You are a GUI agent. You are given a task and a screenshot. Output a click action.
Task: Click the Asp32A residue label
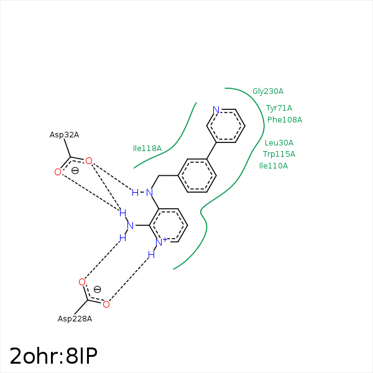click(x=64, y=135)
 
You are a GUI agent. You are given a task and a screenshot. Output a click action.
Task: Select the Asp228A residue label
click(x=75, y=319)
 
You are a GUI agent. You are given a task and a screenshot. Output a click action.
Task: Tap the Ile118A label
click(x=147, y=149)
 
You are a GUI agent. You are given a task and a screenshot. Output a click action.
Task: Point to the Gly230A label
click(x=268, y=91)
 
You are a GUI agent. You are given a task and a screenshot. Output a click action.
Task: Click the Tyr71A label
click(x=279, y=108)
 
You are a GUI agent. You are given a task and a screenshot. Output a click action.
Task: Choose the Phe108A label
click(x=285, y=120)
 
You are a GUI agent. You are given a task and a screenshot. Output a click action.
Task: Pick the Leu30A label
click(x=279, y=143)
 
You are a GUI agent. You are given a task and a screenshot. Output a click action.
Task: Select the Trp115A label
click(x=279, y=154)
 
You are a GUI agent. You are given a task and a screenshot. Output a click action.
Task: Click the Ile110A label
click(x=274, y=166)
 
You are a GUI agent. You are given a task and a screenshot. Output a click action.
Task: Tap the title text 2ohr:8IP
click(x=53, y=356)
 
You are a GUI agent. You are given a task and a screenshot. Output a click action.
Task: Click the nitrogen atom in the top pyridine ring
click(x=216, y=110)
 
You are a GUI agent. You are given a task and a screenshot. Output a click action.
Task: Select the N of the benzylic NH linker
click(x=149, y=193)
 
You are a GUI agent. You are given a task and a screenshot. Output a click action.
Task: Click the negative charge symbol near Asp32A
click(x=75, y=170)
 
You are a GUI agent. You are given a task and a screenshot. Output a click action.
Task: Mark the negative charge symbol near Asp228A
click(x=97, y=289)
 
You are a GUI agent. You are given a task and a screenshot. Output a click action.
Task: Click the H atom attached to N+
click(x=151, y=254)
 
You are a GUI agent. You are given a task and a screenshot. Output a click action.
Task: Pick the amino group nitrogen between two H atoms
click(x=131, y=225)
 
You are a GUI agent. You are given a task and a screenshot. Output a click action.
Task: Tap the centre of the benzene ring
click(x=198, y=176)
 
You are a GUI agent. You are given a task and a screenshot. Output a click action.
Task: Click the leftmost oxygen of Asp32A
click(x=58, y=172)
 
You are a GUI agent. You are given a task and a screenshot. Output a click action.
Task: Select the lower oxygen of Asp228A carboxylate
click(x=106, y=304)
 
